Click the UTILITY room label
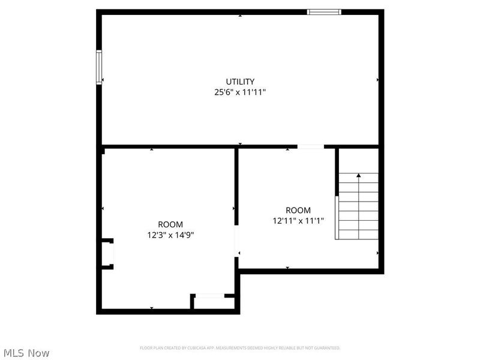tap(240, 82)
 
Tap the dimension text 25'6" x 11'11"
tap(240, 92)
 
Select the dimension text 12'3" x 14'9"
tap(170, 235)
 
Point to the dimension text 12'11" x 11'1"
tap(298, 221)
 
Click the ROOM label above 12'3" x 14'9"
tap(170, 224)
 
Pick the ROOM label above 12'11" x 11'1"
tap(298, 210)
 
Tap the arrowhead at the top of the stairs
tap(359, 175)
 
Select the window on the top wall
tap(324, 11)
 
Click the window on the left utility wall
tap(99, 67)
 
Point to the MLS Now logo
tap(26, 353)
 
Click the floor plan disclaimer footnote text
tap(240, 348)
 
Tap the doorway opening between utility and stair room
tap(310, 146)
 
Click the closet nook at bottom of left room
tap(213, 302)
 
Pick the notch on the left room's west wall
tap(106, 254)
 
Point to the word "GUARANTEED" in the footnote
tap(327, 348)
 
